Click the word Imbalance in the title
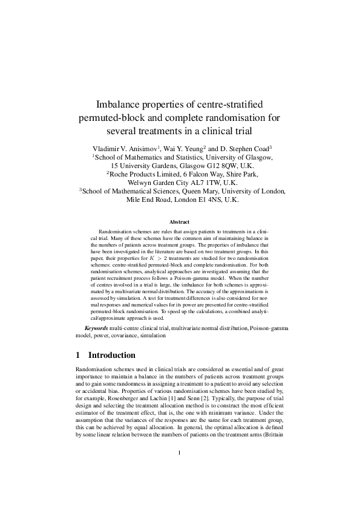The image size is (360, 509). (122, 104)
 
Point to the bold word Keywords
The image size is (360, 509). (100, 328)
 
